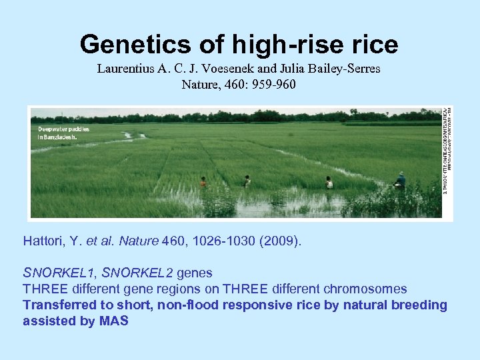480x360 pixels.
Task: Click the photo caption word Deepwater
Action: coord(54,129)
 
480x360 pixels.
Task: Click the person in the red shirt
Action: coord(203,181)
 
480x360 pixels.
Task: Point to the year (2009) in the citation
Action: coord(283,240)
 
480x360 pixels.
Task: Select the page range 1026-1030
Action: coord(219,240)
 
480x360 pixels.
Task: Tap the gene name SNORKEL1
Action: coord(57,273)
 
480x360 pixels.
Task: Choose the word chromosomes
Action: coord(365,289)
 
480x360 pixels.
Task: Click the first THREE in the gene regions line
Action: coord(47,289)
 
